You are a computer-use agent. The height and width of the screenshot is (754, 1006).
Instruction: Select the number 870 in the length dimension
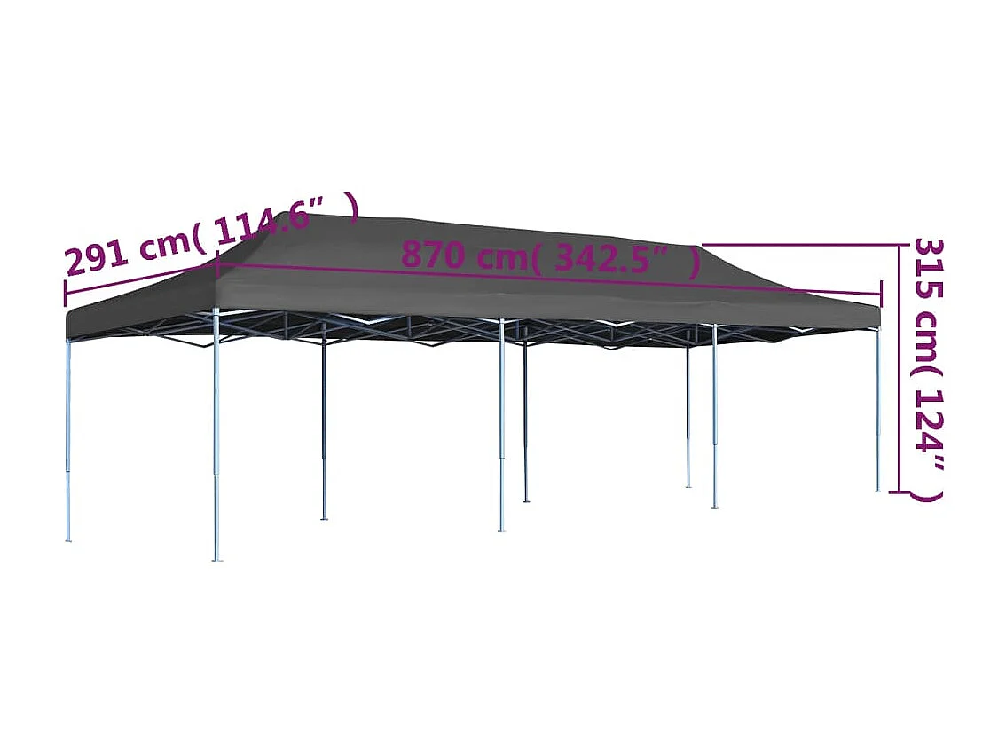point(434,255)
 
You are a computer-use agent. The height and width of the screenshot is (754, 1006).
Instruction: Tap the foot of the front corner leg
point(216,559)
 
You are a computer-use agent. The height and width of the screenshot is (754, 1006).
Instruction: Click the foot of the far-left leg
point(68,538)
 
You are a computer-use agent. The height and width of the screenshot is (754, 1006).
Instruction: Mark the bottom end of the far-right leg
point(878,490)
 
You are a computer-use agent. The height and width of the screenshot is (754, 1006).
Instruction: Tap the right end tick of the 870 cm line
point(881,294)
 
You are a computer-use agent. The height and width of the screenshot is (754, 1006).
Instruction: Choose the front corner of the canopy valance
point(216,306)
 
